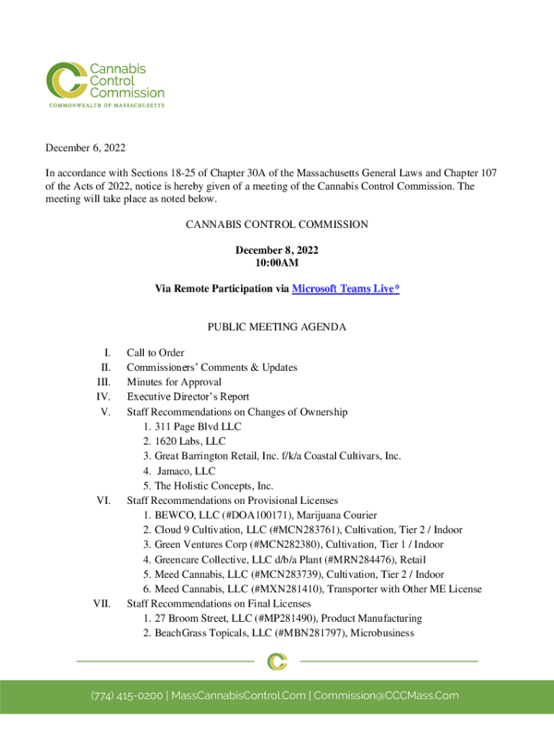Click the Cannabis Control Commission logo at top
tap(105, 84)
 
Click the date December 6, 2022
tap(86, 148)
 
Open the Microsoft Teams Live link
tap(345, 288)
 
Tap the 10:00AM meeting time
tap(277, 263)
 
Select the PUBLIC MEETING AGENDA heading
tap(277, 327)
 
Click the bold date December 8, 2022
tap(277, 250)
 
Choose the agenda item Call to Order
tap(155, 353)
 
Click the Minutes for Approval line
tap(174, 382)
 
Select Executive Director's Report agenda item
tap(188, 397)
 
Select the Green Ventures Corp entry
tap(196, 545)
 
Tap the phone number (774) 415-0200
tap(126, 696)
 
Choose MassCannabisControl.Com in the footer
tap(237, 696)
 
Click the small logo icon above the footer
tap(277, 661)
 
